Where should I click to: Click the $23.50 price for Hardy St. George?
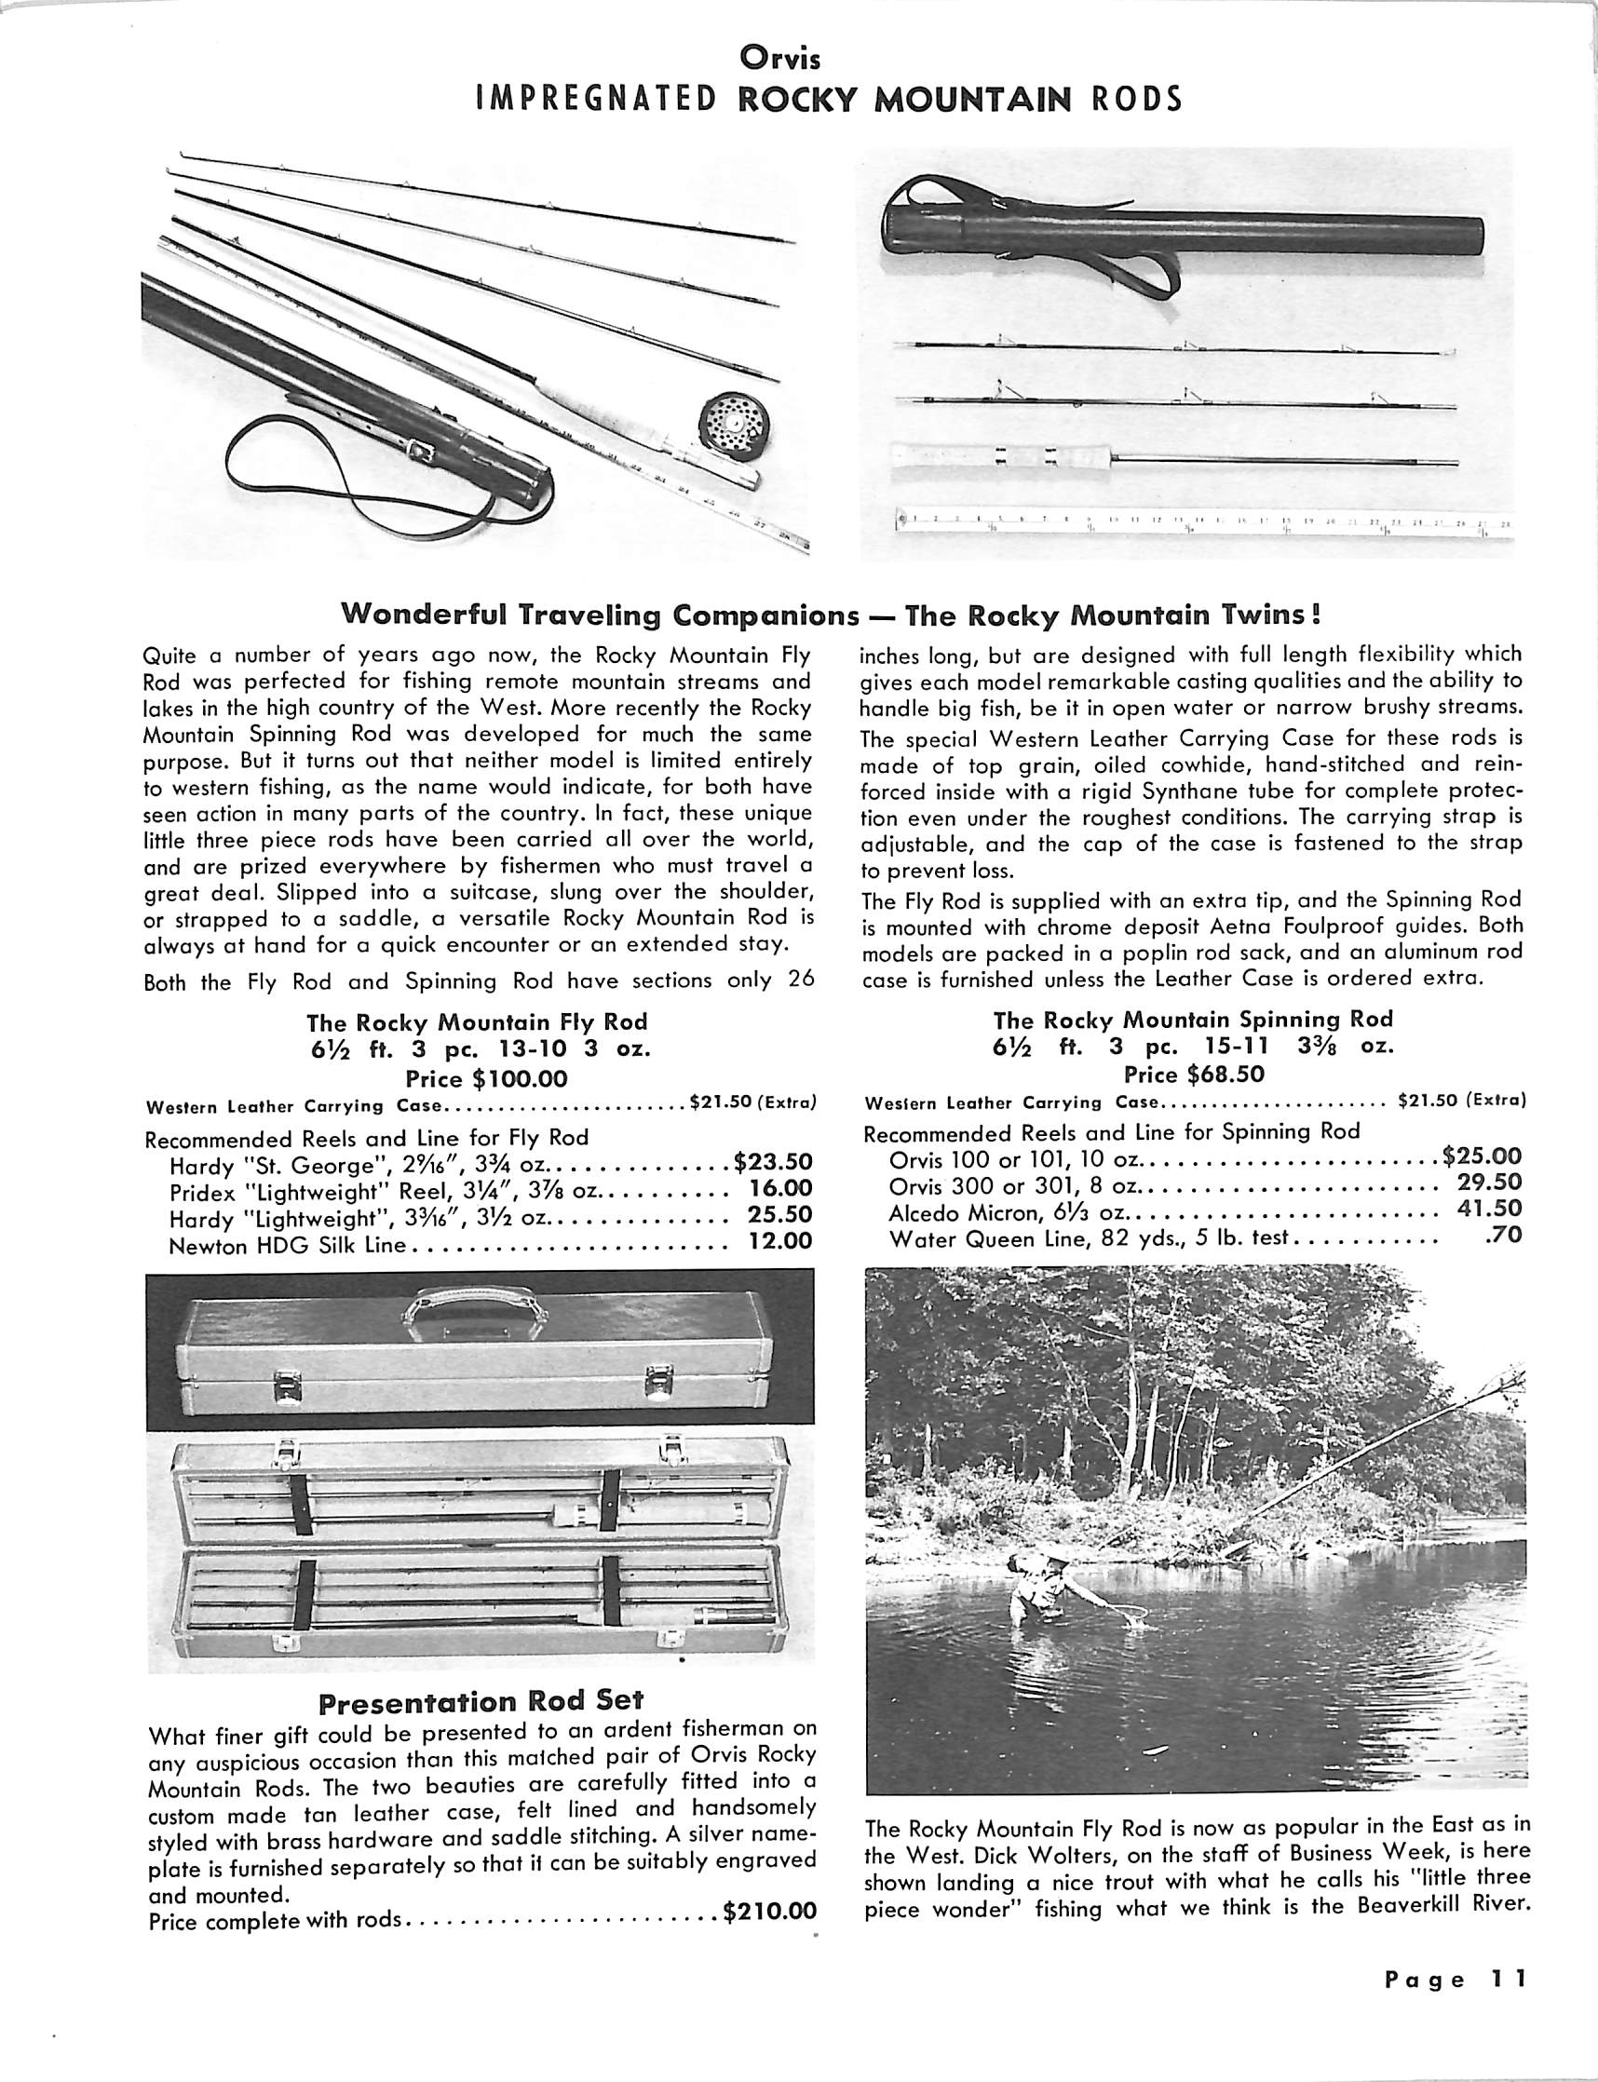[773, 1161]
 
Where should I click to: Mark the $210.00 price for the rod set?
[769, 1910]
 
